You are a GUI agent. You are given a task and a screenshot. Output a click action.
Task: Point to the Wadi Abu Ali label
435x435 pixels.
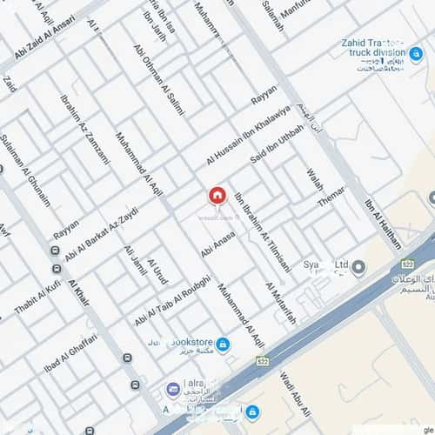(291, 392)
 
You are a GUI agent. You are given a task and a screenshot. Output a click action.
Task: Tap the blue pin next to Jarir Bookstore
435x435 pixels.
(223, 345)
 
